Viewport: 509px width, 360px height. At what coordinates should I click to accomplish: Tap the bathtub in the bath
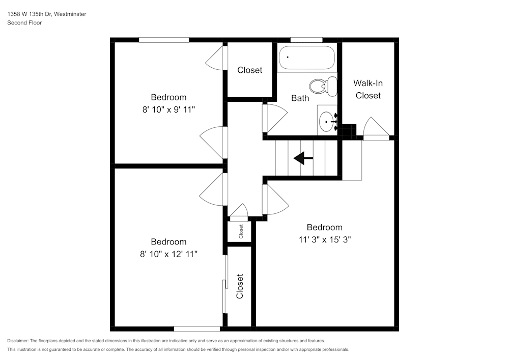point(306,58)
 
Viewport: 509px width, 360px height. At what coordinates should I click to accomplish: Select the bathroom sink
point(327,121)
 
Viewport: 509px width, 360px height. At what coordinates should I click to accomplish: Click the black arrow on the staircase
point(303,158)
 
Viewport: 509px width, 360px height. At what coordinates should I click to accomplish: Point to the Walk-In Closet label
point(368,89)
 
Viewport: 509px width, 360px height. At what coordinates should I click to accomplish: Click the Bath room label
point(300,98)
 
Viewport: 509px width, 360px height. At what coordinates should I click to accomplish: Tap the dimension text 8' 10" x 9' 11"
point(168,109)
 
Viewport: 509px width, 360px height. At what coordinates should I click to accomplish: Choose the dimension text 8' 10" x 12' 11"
point(168,253)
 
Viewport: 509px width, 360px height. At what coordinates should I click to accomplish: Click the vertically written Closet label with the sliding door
point(240,287)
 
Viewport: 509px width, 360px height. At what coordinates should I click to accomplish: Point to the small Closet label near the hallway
point(241,231)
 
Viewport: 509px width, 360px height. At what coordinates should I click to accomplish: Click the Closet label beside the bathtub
point(250,70)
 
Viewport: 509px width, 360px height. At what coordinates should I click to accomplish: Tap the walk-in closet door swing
point(375,128)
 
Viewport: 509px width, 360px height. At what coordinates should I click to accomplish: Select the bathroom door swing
point(274,118)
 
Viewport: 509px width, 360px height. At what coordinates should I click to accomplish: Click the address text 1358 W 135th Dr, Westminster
point(47,14)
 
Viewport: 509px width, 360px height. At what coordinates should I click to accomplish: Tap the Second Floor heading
point(24,23)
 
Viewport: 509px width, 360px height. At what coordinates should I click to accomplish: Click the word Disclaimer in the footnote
point(18,341)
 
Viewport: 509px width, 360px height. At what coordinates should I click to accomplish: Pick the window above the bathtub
point(306,40)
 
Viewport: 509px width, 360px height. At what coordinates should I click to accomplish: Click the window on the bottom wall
point(197,329)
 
